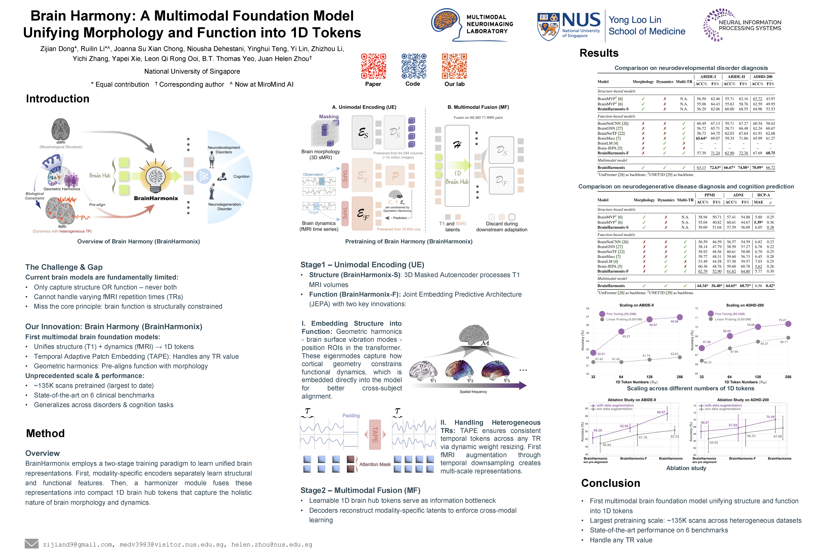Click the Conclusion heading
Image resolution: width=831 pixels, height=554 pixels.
click(x=611, y=483)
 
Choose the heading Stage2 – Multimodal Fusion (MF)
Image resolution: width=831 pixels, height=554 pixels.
click(x=360, y=490)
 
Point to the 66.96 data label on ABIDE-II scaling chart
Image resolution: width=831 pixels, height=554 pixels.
click(x=674, y=321)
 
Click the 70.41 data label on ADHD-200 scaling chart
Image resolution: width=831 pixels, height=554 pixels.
click(x=782, y=320)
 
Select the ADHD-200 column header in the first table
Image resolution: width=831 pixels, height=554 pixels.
click(x=763, y=77)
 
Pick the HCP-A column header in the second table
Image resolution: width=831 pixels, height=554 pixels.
click(x=763, y=195)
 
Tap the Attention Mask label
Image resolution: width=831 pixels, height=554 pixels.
click(x=375, y=464)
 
